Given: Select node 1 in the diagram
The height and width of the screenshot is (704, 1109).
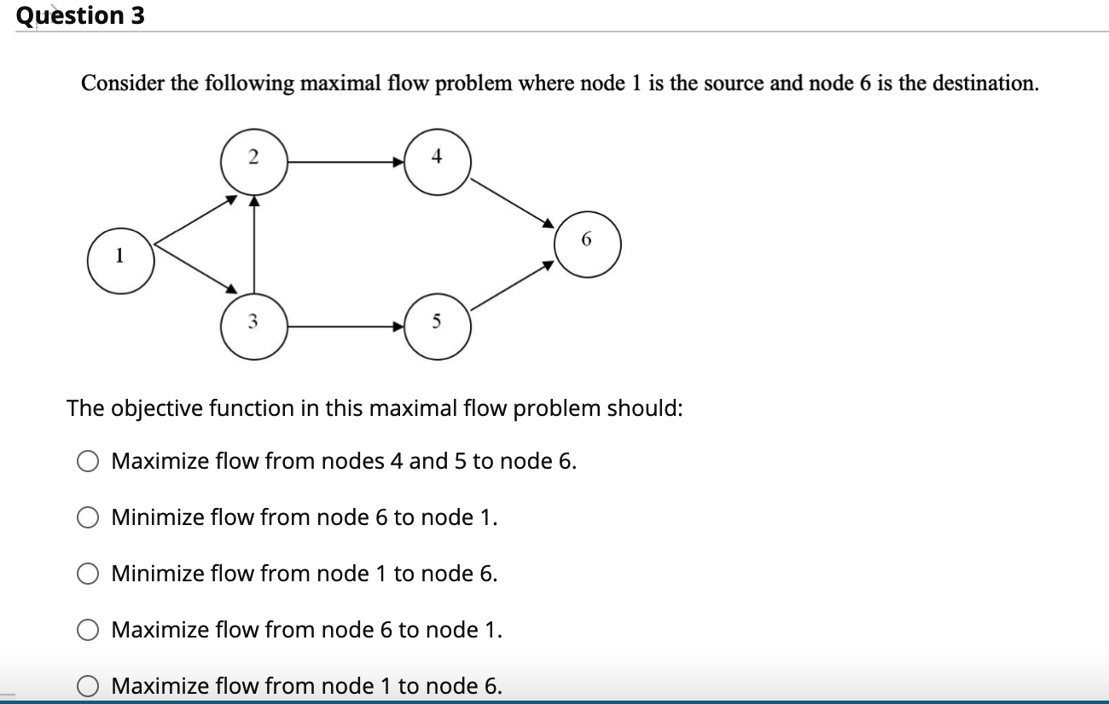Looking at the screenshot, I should (120, 259).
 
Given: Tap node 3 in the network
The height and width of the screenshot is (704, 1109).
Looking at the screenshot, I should (253, 325).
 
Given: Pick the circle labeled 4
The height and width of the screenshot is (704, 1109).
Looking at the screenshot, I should (437, 160).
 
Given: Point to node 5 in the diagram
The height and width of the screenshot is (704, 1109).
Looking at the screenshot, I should (437, 325).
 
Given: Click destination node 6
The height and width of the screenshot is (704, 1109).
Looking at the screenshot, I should (587, 244).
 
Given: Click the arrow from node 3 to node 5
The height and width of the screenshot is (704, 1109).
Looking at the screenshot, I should (345, 325).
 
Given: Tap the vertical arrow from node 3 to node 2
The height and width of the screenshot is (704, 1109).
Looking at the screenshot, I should (253, 243).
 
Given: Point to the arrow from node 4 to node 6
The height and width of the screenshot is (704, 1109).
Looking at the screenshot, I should (512, 202).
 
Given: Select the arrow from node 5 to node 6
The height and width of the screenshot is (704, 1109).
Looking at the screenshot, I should (512, 286).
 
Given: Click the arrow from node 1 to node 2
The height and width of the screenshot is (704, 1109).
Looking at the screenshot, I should (195, 221).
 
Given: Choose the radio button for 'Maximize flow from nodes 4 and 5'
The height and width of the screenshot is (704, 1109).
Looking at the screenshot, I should (89, 462).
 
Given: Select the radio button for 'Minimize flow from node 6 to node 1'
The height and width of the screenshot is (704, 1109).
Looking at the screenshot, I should (89, 518).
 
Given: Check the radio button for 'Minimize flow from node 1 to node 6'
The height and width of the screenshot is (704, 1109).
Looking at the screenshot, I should (89, 574).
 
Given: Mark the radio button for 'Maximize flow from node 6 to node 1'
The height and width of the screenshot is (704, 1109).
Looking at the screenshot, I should (89, 631).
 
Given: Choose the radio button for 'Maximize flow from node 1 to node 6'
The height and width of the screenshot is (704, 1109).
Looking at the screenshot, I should (89, 686).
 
